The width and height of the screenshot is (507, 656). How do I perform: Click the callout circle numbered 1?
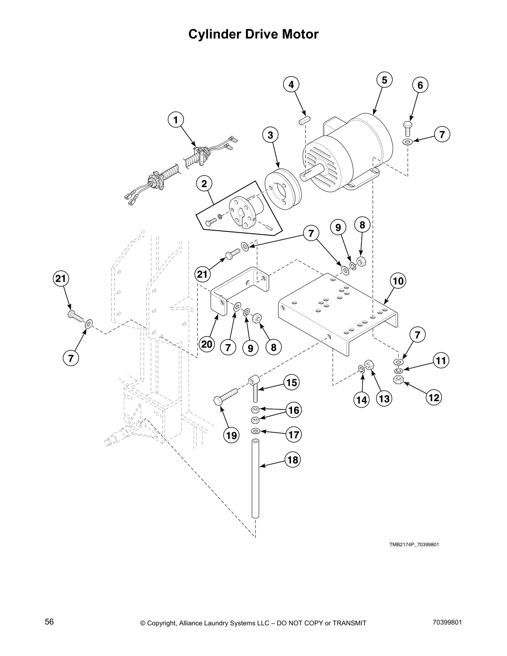point(176,120)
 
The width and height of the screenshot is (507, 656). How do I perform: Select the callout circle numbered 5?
point(384,80)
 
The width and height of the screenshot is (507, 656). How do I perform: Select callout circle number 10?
point(398,281)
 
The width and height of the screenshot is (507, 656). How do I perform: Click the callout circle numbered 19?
point(231,435)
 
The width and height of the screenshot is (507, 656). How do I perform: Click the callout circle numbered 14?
point(362,400)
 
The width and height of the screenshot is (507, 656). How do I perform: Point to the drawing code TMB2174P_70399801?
point(413,544)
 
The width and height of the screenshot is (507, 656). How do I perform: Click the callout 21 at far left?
point(61,279)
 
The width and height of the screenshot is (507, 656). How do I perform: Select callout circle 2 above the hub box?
point(204,183)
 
